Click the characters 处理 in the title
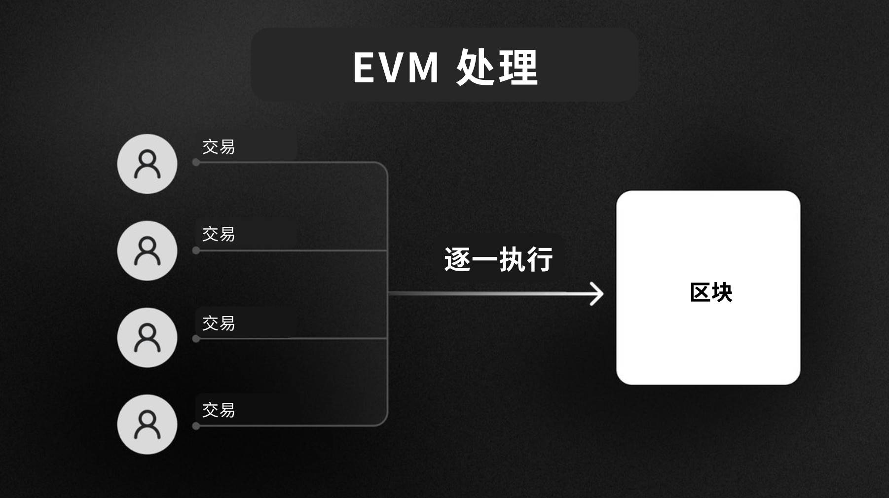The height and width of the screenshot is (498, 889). click(497, 67)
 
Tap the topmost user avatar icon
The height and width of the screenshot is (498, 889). click(147, 164)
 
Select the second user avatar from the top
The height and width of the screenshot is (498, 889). click(147, 250)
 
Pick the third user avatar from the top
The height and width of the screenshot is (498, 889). click(147, 338)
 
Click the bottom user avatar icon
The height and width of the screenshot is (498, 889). click(147, 425)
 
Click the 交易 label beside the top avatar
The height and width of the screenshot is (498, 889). click(219, 146)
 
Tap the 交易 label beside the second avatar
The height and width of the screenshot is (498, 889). click(219, 234)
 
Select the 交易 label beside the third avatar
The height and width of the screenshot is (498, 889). click(219, 323)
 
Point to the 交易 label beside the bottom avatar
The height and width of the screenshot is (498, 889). click(219, 410)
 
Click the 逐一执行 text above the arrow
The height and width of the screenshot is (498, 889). click(498, 259)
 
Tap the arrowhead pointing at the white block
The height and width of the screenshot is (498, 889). click(598, 294)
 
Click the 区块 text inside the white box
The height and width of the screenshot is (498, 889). click(711, 292)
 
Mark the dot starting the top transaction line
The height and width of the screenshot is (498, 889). click(196, 162)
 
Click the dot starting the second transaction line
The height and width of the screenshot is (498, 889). click(196, 250)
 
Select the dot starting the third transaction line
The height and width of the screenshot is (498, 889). click(196, 339)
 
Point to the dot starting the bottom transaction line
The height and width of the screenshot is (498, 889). click(196, 426)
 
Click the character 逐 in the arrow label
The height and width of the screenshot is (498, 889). click(457, 259)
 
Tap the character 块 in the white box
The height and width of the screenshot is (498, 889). click(722, 292)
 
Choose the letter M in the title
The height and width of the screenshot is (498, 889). click(422, 67)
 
